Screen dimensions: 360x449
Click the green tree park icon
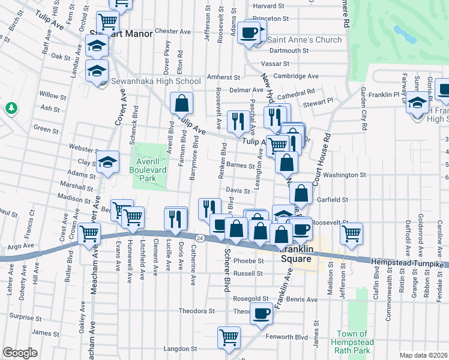(x=10, y=109)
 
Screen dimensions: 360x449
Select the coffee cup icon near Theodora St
(x=261, y=313)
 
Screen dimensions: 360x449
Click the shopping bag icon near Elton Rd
(x=181, y=103)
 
